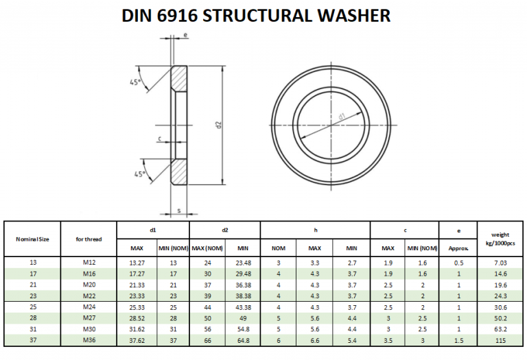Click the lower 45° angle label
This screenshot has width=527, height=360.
[141, 174]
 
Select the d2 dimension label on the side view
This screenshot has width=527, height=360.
[218, 125]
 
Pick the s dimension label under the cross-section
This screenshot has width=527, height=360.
[178, 210]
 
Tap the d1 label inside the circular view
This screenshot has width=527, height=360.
[341, 117]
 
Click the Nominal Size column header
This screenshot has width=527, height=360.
[32, 239]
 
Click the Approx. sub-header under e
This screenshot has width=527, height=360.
[458, 248]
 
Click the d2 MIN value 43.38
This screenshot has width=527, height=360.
[242, 307]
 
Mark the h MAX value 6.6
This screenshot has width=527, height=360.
[314, 341]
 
